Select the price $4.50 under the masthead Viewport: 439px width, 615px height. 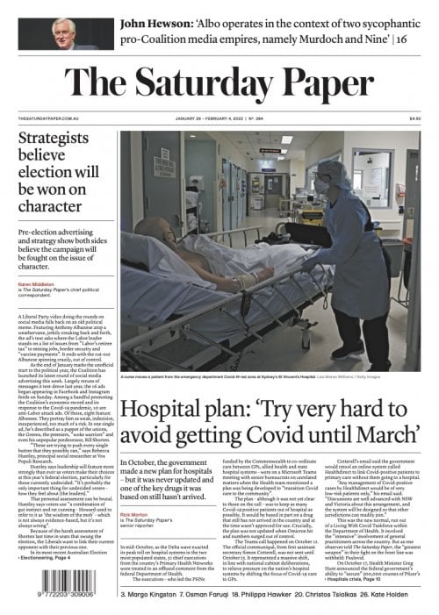click(414, 119)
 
